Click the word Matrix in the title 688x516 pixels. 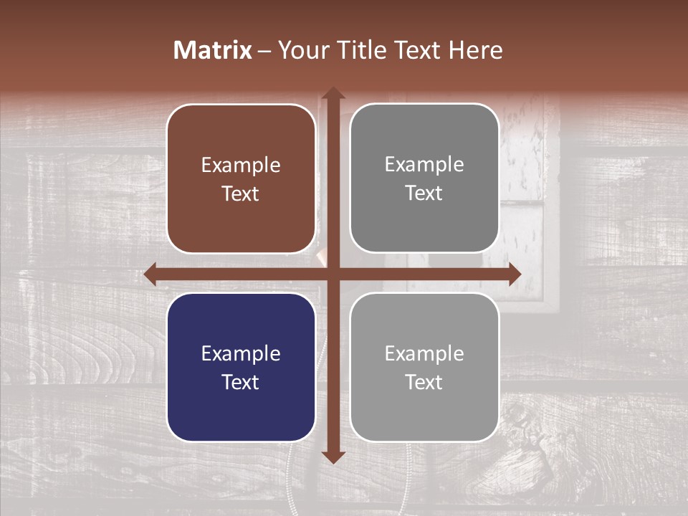[213, 50]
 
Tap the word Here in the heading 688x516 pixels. [475, 50]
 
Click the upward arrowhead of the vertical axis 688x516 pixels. [333, 93]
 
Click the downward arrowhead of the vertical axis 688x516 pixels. [333, 457]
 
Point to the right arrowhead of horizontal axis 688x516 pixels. [514, 274]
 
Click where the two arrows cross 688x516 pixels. [333, 274]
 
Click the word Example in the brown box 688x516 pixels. [241, 166]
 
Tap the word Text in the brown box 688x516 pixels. [241, 193]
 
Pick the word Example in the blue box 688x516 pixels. [241, 354]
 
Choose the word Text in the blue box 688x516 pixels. [241, 382]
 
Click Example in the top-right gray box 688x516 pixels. [424, 165]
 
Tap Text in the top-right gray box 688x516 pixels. [424, 193]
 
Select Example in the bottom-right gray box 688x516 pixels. [424, 353]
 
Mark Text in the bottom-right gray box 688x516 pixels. [424, 382]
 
